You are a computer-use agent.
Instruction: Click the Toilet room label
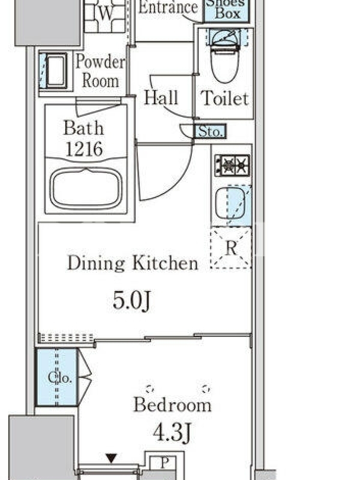224,98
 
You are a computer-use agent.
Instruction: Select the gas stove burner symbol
232,166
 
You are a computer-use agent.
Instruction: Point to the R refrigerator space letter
231,248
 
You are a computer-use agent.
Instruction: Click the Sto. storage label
211,131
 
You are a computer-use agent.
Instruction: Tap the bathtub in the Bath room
86,188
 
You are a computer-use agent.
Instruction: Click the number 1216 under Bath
84,149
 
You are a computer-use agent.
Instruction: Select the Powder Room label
100,71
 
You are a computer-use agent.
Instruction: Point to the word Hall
161,98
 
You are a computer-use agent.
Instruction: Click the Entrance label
168,7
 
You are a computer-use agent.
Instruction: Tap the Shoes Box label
227,9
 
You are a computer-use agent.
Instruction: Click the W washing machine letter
106,13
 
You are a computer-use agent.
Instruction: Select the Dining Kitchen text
133,263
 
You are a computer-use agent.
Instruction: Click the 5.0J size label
132,301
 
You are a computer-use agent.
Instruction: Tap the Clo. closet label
60,377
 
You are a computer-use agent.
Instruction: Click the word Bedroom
172,404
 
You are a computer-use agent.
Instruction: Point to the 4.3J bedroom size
172,432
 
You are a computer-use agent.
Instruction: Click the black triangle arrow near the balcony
112,458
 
